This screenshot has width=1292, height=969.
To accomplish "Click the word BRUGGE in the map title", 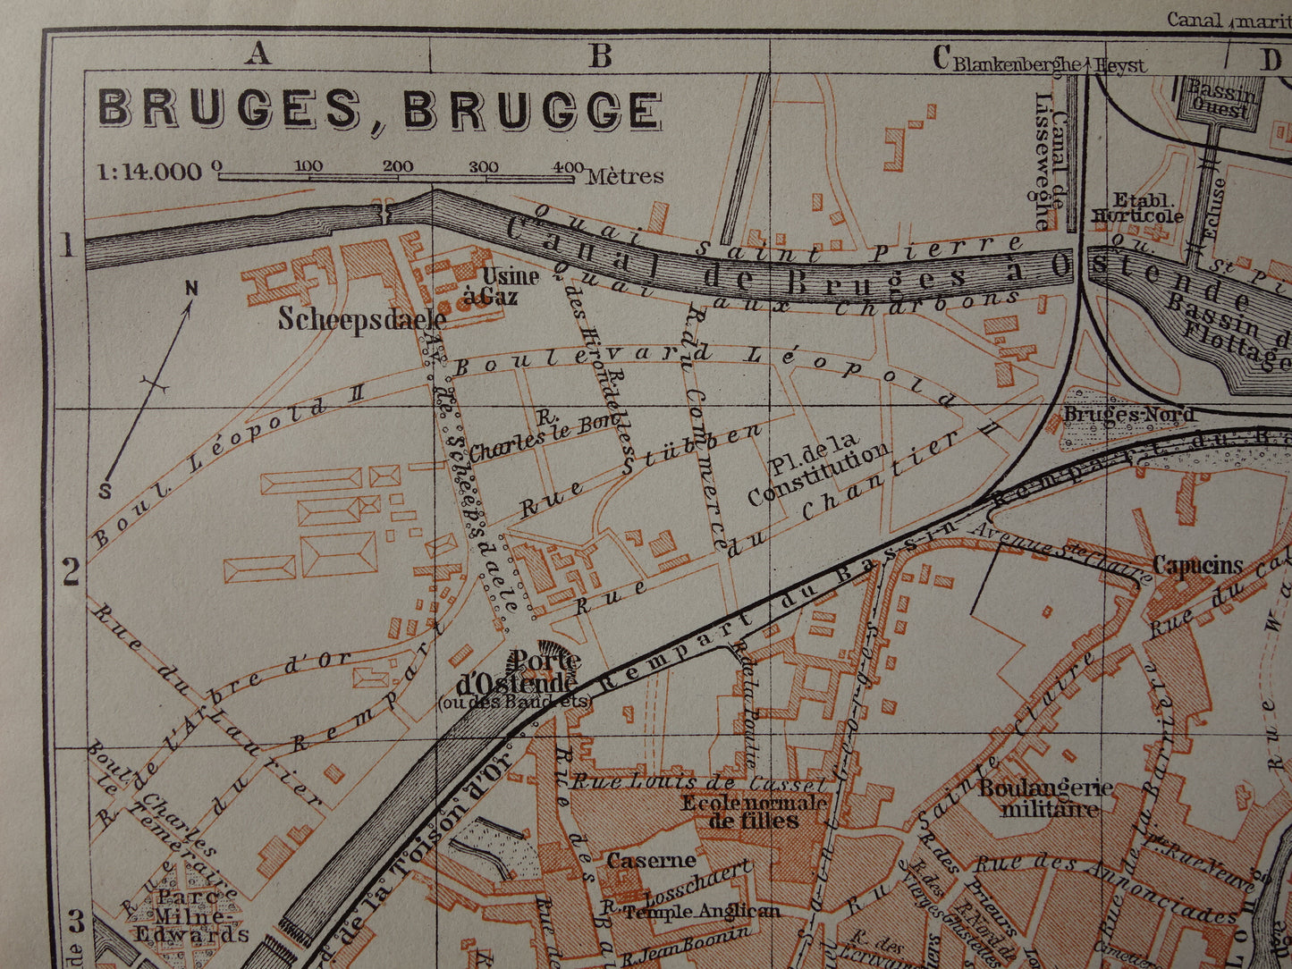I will click(532, 111).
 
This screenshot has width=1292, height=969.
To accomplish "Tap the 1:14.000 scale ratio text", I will click(149, 171).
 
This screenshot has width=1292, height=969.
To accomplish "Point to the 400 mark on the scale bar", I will click(565, 166).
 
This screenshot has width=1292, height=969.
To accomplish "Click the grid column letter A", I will click(258, 55).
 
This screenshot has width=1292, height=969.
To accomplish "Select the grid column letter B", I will click(601, 55).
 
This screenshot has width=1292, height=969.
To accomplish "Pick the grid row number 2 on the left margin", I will click(71, 572).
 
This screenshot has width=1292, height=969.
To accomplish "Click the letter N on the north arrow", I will click(190, 288).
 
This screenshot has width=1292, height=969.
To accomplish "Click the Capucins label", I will click(1197, 565).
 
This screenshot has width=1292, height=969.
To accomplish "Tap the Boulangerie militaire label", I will click(1045, 798).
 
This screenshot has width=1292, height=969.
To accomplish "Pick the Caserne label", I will click(651, 860).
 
